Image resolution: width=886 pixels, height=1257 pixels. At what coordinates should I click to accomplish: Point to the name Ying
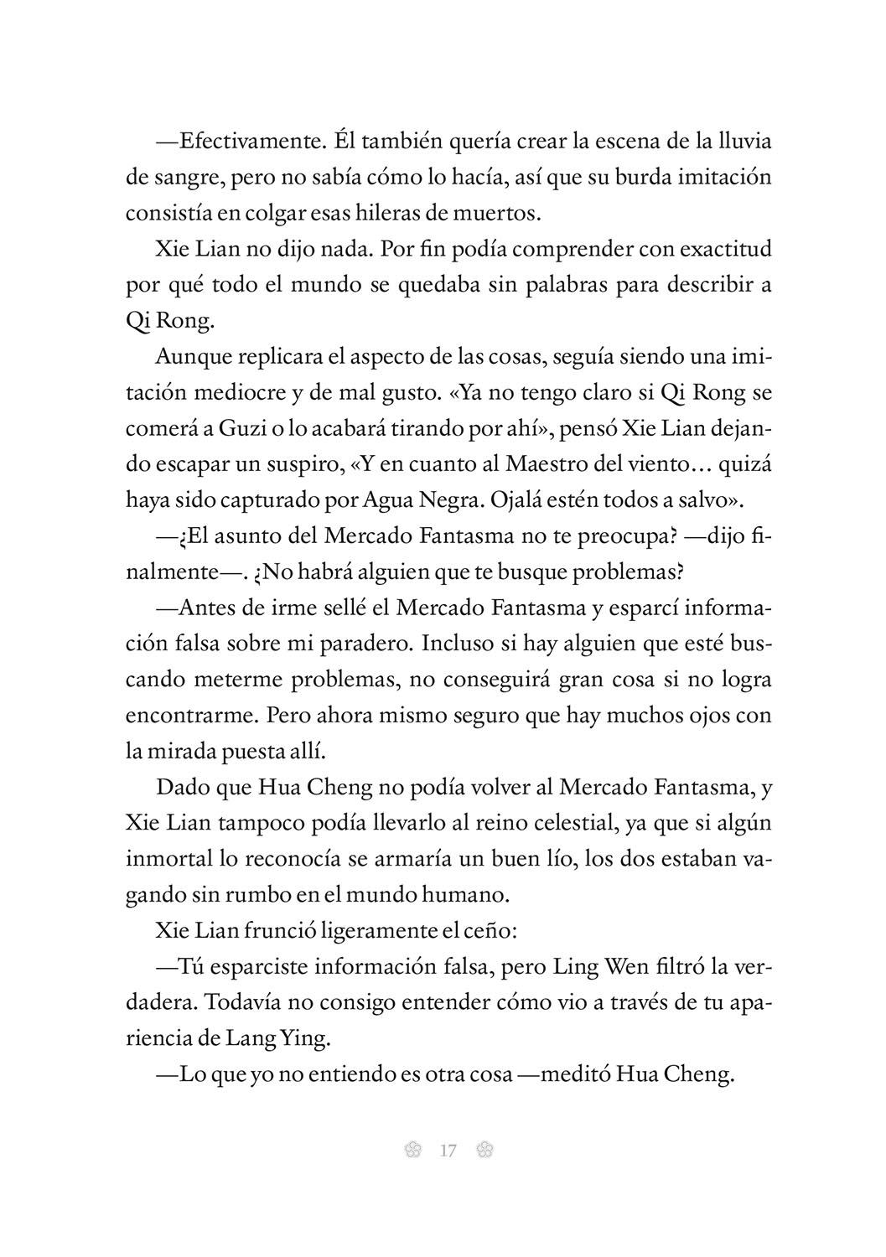click(x=309, y=1038)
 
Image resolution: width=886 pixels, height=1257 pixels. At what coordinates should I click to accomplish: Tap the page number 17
click(x=447, y=1151)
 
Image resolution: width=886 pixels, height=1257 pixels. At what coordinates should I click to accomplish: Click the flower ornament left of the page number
click(x=411, y=1151)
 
